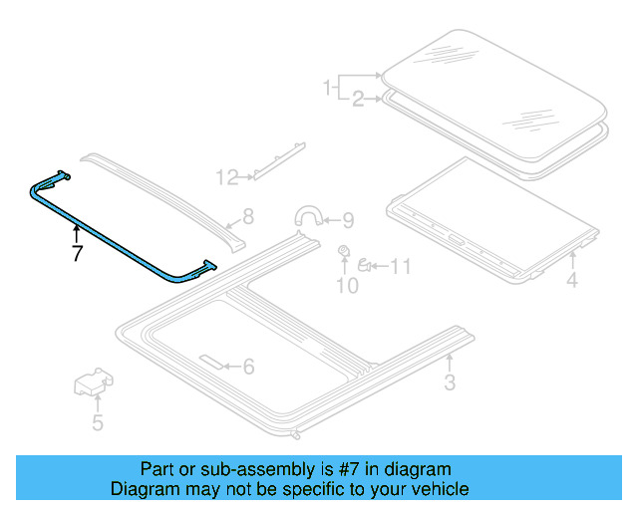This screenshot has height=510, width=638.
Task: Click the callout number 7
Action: click(75, 255)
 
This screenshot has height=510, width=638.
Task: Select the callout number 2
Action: click(358, 98)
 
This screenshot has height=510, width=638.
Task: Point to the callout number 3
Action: click(450, 382)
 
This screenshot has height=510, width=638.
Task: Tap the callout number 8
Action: click(248, 215)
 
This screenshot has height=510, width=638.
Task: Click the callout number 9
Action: click(347, 220)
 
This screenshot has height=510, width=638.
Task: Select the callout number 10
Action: click(346, 287)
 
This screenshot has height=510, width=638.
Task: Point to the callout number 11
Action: click(400, 266)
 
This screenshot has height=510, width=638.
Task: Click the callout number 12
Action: click(227, 178)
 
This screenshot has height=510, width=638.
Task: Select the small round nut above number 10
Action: click(344, 249)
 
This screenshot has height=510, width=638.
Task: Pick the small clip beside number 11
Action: click(366, 265)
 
